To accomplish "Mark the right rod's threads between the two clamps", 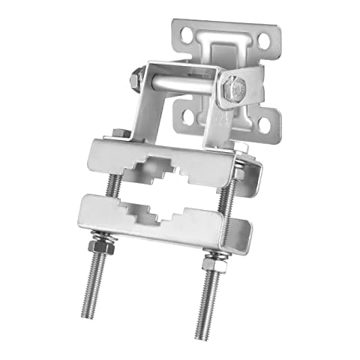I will point(223,199).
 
